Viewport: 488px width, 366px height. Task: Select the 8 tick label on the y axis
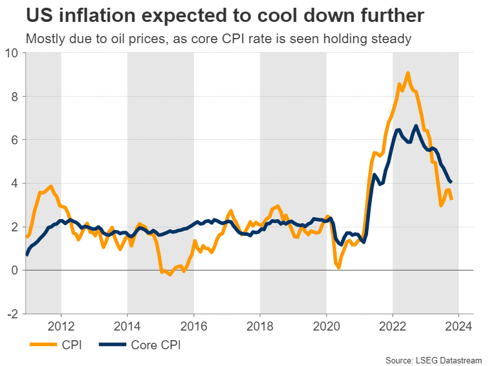(x=14, y=96)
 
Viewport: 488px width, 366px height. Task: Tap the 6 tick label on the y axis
(x=14, y=140)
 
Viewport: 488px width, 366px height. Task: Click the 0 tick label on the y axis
(x=14, y=270)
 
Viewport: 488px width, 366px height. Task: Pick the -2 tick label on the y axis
(x=12, y=314)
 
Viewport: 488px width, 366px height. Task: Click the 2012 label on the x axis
(x=61, y=325)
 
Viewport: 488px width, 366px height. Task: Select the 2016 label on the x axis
(x=193, y=325)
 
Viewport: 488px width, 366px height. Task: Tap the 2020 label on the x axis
(x=326, y=325)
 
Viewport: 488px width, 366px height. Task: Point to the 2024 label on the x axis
(x=459, y=325)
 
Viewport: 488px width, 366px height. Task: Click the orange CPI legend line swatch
(x=42, y=345)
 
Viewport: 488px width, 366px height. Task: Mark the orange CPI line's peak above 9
(x=408, y=73)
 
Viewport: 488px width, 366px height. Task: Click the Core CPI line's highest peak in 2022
(x=416, y=126)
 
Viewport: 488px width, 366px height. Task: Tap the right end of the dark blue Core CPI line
(x=450, y=181)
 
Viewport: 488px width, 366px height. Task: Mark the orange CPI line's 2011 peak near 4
(x=50, y=186)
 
